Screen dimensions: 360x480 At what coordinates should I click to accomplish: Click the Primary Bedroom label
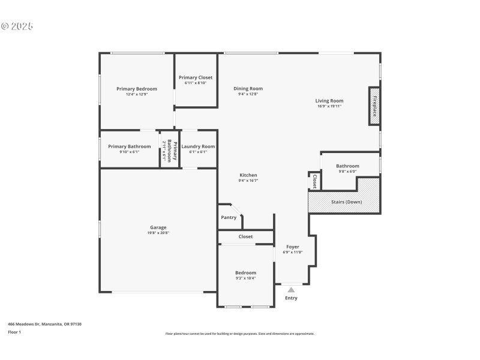pos(137,89)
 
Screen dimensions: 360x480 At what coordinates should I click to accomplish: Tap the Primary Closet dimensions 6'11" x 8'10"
pos(196,83)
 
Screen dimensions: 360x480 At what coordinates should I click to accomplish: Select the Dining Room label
pos(248,89)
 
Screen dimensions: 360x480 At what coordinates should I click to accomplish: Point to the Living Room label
pos(329,101)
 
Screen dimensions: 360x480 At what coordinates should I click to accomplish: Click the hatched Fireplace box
pos(374,106)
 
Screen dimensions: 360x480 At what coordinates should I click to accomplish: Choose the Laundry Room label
pos(198,146)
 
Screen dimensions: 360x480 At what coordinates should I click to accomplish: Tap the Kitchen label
pos(248,175)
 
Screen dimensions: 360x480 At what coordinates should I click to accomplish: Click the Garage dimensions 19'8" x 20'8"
pos(158,233)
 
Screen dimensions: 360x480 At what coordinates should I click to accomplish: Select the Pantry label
pos(229,217)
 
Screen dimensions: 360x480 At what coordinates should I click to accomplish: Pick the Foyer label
pos(292,247)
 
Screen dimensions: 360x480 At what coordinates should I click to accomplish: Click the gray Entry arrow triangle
pos(291,290)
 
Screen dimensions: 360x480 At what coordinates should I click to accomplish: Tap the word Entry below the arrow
pos(291,298)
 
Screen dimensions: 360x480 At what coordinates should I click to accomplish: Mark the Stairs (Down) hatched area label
pos(346,202)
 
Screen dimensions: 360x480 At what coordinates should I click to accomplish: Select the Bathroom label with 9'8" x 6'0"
pos(347,166)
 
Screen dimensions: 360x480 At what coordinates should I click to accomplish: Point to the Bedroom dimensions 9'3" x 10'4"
pos(245,278)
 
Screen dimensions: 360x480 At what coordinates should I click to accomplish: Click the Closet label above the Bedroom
pos(245,236)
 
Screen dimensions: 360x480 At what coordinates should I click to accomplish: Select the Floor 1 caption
pos(14,332)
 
